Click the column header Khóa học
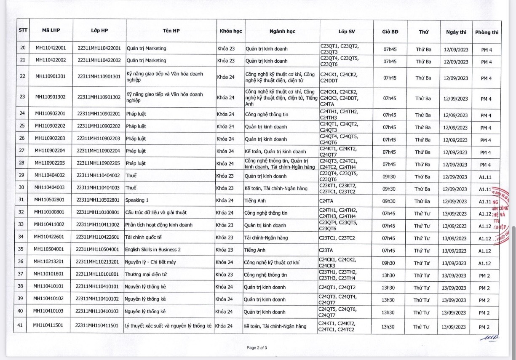click(230, 31)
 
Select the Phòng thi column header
click(487, 32)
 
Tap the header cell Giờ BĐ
click(390, 32)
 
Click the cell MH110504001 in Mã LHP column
click(50, 250)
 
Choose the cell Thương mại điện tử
click(146, 275)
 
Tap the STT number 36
click(22, 262)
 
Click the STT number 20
click(23, 48)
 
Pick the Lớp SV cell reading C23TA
click(326, 250)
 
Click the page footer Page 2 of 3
click(257, 347)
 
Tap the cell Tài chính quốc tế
click(146, 238)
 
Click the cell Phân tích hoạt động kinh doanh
click(159, 225)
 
